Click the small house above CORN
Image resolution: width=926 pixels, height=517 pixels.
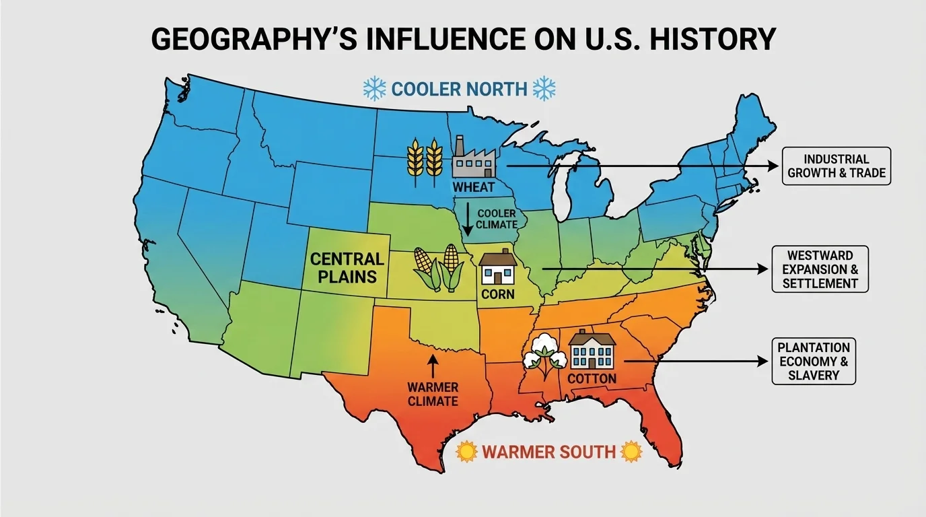(498, 267)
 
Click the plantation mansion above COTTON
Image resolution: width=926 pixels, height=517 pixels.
(592, 349)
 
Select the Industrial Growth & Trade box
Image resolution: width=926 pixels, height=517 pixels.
(836, 167)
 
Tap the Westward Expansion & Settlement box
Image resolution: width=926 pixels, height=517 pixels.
(820, 269)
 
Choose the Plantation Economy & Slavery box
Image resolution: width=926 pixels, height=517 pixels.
(813, 361)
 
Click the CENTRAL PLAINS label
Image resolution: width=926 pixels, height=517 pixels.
(347, 267)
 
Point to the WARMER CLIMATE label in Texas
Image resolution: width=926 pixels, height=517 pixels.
(433, 394)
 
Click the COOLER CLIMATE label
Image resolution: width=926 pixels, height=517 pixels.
(497, 219)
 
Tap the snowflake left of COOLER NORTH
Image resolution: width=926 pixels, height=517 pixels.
(374, 88)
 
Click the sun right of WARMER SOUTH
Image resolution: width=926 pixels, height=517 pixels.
(631, 451)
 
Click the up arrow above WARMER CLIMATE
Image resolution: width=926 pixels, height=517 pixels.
(433, 366)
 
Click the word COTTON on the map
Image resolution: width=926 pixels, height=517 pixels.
(592, 378)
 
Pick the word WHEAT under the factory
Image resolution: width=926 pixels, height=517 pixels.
(473, 187)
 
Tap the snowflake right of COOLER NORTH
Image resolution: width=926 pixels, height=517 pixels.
(544, 88)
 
